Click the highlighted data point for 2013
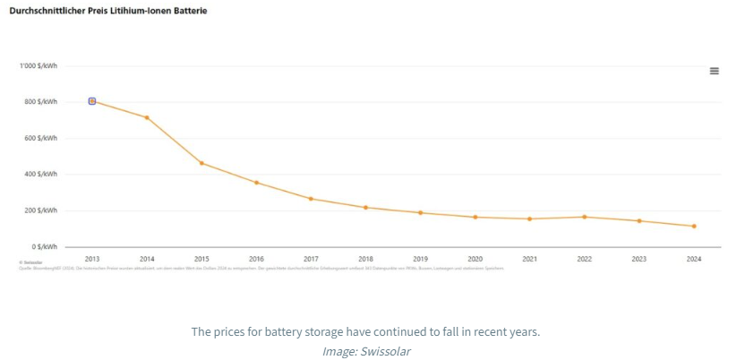click(x=92, y=101)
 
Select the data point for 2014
click(x=147, y=117)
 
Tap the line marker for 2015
click(x=201, y=163)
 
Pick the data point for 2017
click(x=311, y=199)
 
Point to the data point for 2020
click(x=475, y=217)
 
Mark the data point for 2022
click(x=584, y=217)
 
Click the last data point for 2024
click(x=693, y=226)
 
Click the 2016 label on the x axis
click(x=256, y=259)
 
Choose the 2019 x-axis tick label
click(x=420, y=259)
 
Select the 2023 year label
click(x=638, y=259)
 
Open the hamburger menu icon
click(x=714, y=71)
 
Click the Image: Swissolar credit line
click(x=366, y=351)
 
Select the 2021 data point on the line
click(x=529, y=219)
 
